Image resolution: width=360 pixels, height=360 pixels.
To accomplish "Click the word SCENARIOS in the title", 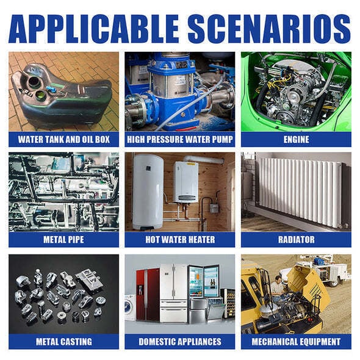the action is [x=269, y=29].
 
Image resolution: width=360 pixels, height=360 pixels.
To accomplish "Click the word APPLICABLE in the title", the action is [x=94, y=29].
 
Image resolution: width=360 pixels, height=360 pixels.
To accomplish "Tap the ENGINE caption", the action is [x=296, y=139].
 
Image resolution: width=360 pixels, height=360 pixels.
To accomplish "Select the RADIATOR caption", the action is [x=296, y=239].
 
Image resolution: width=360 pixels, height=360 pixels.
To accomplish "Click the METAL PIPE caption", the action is [x=63, y=239].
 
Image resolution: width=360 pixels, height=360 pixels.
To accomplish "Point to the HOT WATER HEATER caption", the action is [x=180, y=239].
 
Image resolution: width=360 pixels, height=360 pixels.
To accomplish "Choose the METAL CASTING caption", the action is [x=64, y=342].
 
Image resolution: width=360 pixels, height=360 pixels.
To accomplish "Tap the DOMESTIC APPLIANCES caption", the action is [x=180, y=342].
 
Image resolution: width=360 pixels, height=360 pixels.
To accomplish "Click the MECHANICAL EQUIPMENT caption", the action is [x=296, y=342].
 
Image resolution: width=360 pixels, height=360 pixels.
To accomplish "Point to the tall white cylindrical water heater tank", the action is [x=148, y=192].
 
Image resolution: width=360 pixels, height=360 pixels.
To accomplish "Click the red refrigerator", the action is [x=148, y=295].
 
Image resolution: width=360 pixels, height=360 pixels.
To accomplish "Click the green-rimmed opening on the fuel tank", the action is [x=41, y=94].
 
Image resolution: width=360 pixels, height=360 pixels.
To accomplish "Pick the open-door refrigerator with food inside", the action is [x=203, y=282].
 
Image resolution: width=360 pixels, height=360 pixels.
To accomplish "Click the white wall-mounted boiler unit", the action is [x=185, y=182].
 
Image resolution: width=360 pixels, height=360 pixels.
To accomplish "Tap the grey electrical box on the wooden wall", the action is [x=214, y=208].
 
